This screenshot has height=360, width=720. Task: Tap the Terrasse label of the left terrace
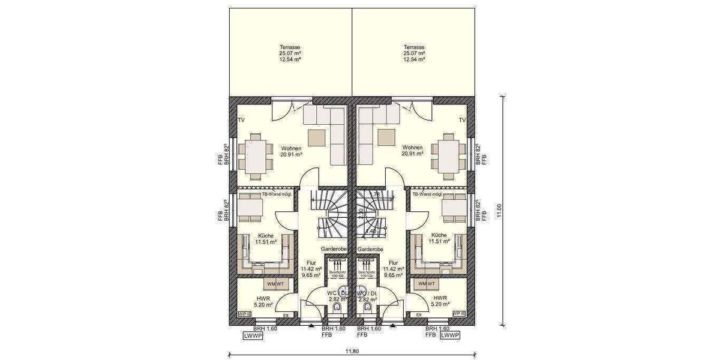(290, 47)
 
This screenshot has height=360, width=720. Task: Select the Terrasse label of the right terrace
(414, 47)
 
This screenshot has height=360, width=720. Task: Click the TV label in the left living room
(242, 121)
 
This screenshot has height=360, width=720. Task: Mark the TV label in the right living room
(462, 121)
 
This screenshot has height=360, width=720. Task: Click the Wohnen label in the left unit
(290, 147)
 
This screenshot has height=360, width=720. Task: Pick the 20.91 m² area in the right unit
(413, 154)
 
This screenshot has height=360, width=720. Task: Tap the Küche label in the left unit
(266, 235)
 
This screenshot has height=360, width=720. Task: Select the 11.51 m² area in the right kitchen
(438, 242)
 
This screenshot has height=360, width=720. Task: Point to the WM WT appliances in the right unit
(426, 283)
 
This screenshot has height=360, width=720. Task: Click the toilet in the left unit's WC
(336, 308)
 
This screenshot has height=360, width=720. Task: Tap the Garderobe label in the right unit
(370, 248)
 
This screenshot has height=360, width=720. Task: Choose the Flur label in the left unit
(311, 262)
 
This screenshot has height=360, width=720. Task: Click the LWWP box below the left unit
(253, 336)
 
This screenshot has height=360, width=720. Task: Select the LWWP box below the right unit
(449, 336)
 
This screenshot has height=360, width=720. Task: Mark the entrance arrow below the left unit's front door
(311, 326)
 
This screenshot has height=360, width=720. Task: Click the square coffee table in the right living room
(387, 137)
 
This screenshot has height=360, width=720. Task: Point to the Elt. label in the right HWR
(418, 314)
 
